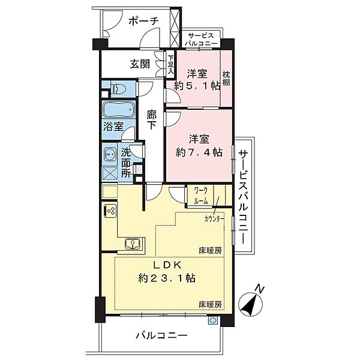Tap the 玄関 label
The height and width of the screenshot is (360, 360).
point(140,64)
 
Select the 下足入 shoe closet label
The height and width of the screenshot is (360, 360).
point(170,64)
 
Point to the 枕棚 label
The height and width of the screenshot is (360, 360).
point(226,80)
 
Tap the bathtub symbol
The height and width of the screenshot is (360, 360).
point(120,110)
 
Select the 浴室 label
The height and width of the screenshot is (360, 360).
point(113,127)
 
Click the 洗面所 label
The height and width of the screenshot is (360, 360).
point(126,163)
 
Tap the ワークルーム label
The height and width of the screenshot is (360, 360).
point(200,196)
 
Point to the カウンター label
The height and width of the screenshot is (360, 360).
point(214,219)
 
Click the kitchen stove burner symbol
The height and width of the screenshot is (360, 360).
point(110,211)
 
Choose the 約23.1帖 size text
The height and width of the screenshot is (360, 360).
point(167,278)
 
